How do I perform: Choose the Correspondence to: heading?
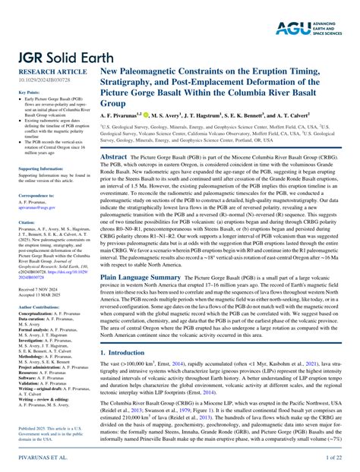pyautogui.click(x=36, y=195)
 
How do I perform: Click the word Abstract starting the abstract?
pyautogui.click(x=114, y=154)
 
